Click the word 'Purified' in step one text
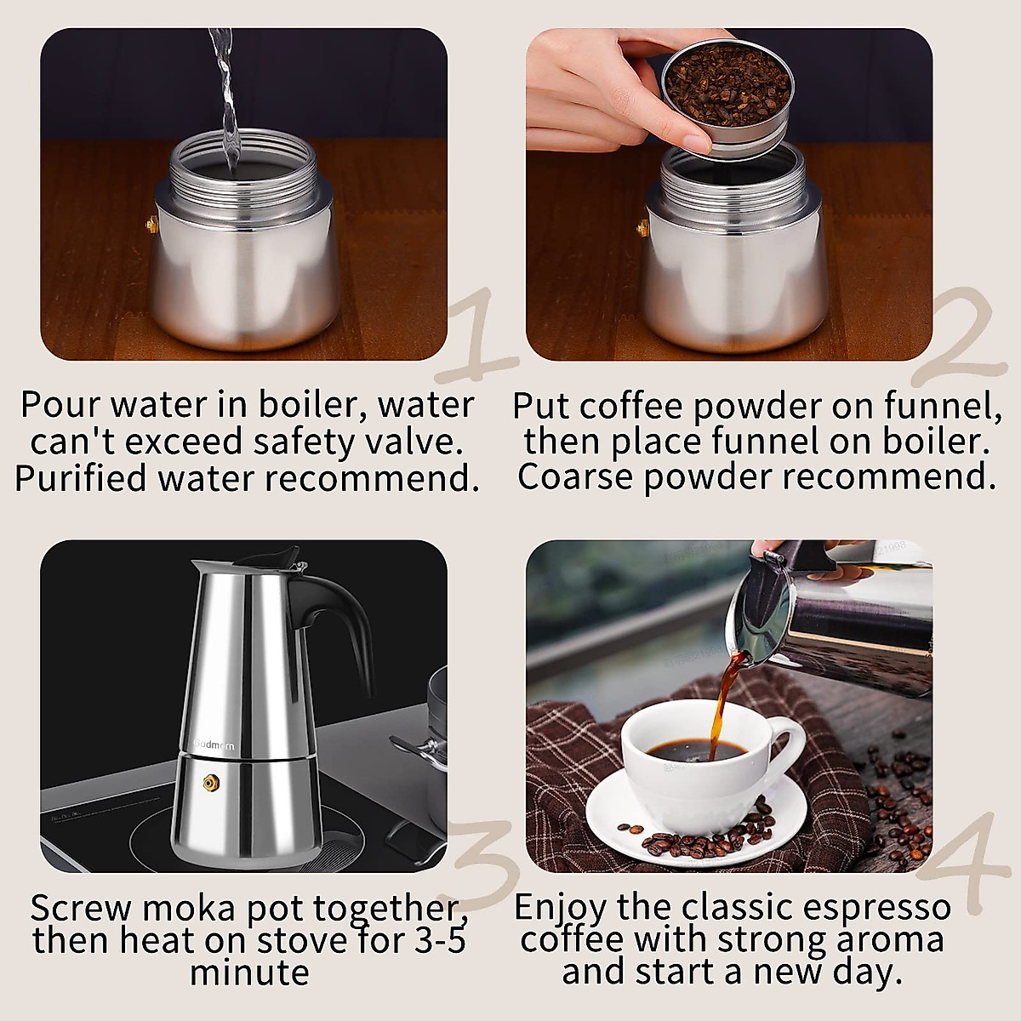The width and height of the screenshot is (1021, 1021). (81, 478)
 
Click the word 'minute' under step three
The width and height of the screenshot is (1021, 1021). (249, 973)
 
